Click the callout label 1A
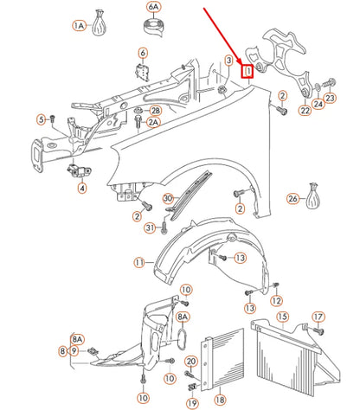point(79,26)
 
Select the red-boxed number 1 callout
point(247,71)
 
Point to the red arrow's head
point(241,61)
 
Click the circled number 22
point(305,110)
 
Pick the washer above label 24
point(318,86)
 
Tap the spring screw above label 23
point(328,84)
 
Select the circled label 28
point(155,111)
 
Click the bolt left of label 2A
point(138,123)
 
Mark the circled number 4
point(82,189)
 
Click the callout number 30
point(168,198)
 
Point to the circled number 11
point(139,262)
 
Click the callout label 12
point(276,300)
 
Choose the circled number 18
point(220,400)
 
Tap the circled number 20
point(191,362)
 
